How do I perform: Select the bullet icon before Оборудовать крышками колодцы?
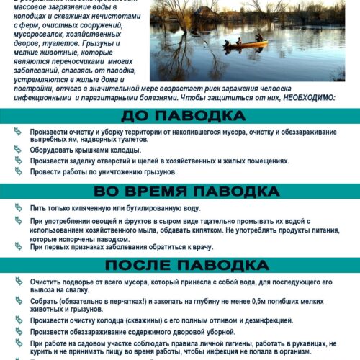coord(19,150)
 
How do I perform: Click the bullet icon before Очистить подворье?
coord(19,283)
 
